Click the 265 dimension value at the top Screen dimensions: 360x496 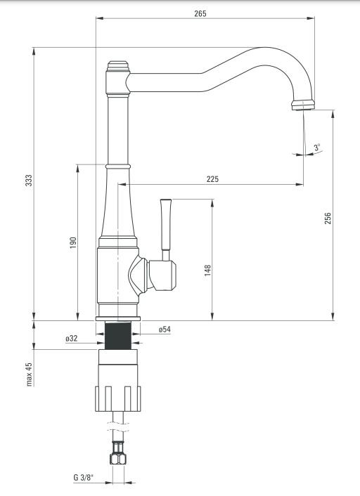[200, 13]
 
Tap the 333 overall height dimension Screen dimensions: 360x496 [29, 181]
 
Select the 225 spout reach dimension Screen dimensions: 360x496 [212, 179]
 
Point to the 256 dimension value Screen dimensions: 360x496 [328, 218]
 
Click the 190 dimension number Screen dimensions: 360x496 [73, 242]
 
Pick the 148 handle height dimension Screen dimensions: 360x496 [207, 270]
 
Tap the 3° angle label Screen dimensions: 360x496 [317, 148]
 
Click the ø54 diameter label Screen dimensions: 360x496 [165, 329]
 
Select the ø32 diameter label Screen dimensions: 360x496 [72, 339]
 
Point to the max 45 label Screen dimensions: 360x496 [29, 374]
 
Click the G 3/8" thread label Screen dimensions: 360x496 [84, 478]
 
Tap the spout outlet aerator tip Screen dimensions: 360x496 [303, 105]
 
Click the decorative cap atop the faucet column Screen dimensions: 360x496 [118, 66]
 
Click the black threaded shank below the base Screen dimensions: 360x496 [118, 336]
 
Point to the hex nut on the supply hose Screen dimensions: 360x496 [118, 458]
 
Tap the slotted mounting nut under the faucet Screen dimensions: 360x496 [118, 398]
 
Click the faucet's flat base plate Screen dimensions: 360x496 [118, 318]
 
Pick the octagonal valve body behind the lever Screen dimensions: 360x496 [162, 275]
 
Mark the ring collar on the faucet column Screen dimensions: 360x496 [118, 166]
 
